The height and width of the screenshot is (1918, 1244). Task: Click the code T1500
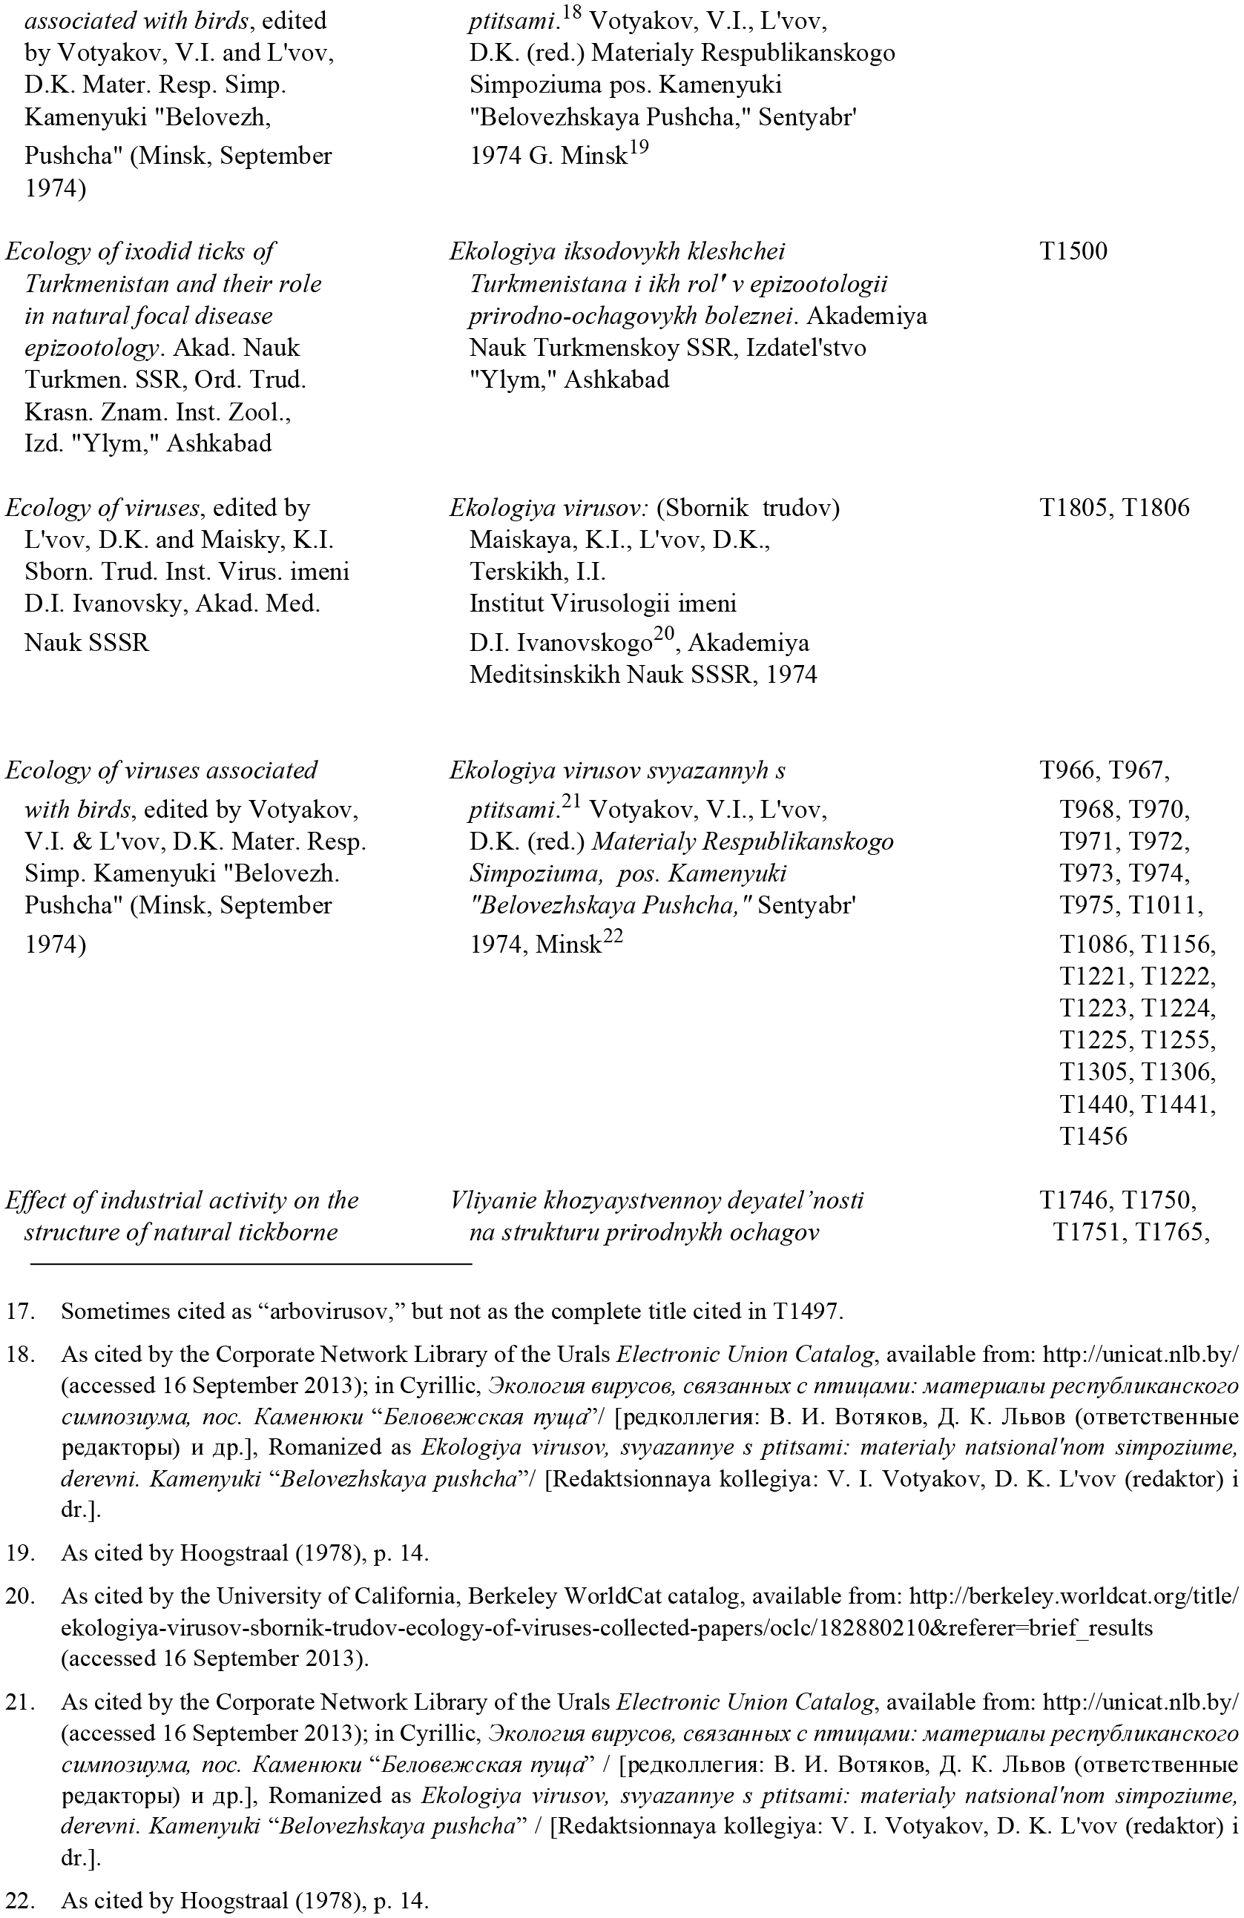[1073, 251]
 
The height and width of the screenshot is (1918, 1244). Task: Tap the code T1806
[1155, 508]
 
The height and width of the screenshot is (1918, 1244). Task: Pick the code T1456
[1093, 1137]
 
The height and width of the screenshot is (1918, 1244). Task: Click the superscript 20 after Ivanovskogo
[662, 634]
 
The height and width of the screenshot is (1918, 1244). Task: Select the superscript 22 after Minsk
[613, 936]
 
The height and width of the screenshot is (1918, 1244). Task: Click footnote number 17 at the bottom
[19, 1312]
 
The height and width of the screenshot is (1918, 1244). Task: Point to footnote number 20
[19, 1595]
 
